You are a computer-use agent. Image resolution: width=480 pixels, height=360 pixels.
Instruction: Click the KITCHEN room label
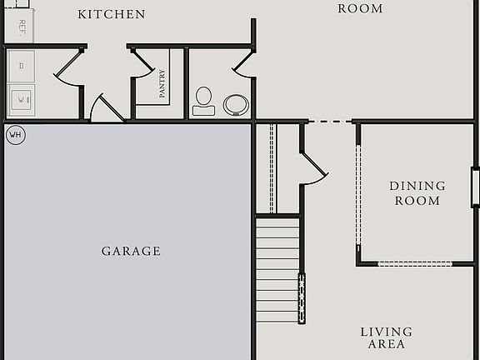coord(111,14)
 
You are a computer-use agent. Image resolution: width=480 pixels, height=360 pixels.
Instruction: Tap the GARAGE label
coord(131,251)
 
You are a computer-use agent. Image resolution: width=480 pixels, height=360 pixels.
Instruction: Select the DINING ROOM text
coord(417,193)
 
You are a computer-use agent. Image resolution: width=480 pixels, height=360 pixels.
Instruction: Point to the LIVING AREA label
coord(386,337)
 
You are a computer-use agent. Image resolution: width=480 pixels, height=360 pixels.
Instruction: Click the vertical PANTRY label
coord(162,84)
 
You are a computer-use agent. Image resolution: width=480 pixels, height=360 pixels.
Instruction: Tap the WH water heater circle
coord(15,134)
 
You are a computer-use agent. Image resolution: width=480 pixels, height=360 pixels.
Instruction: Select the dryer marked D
coord(21,65)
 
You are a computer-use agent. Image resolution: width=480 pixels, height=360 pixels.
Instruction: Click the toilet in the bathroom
coord(203,101)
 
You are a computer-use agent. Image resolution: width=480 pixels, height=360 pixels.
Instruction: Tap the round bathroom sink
coord(236,104)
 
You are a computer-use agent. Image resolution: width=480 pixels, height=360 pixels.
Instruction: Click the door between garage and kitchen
coord(106,108)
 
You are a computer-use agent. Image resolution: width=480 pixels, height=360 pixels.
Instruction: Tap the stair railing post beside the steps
coord(302,297)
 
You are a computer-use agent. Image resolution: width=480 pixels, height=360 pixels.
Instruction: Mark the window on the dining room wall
coord(475,187)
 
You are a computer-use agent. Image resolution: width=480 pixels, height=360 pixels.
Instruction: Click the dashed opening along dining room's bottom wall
coord(414,263)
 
